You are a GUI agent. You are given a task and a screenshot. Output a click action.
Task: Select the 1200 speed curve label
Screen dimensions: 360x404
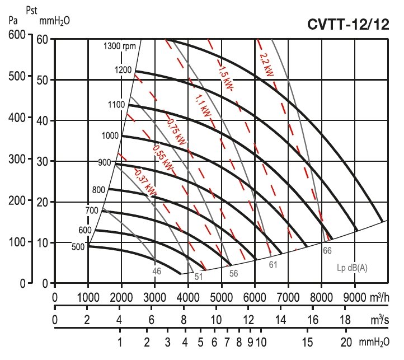(x=124, y=70)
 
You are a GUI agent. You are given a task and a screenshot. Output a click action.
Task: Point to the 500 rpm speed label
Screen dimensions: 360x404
(x=79, y=247)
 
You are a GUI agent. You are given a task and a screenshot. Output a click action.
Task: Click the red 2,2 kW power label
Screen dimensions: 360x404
(x=267, y=66)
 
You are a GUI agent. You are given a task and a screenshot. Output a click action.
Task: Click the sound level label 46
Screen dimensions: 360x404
(x=157, y=271)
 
